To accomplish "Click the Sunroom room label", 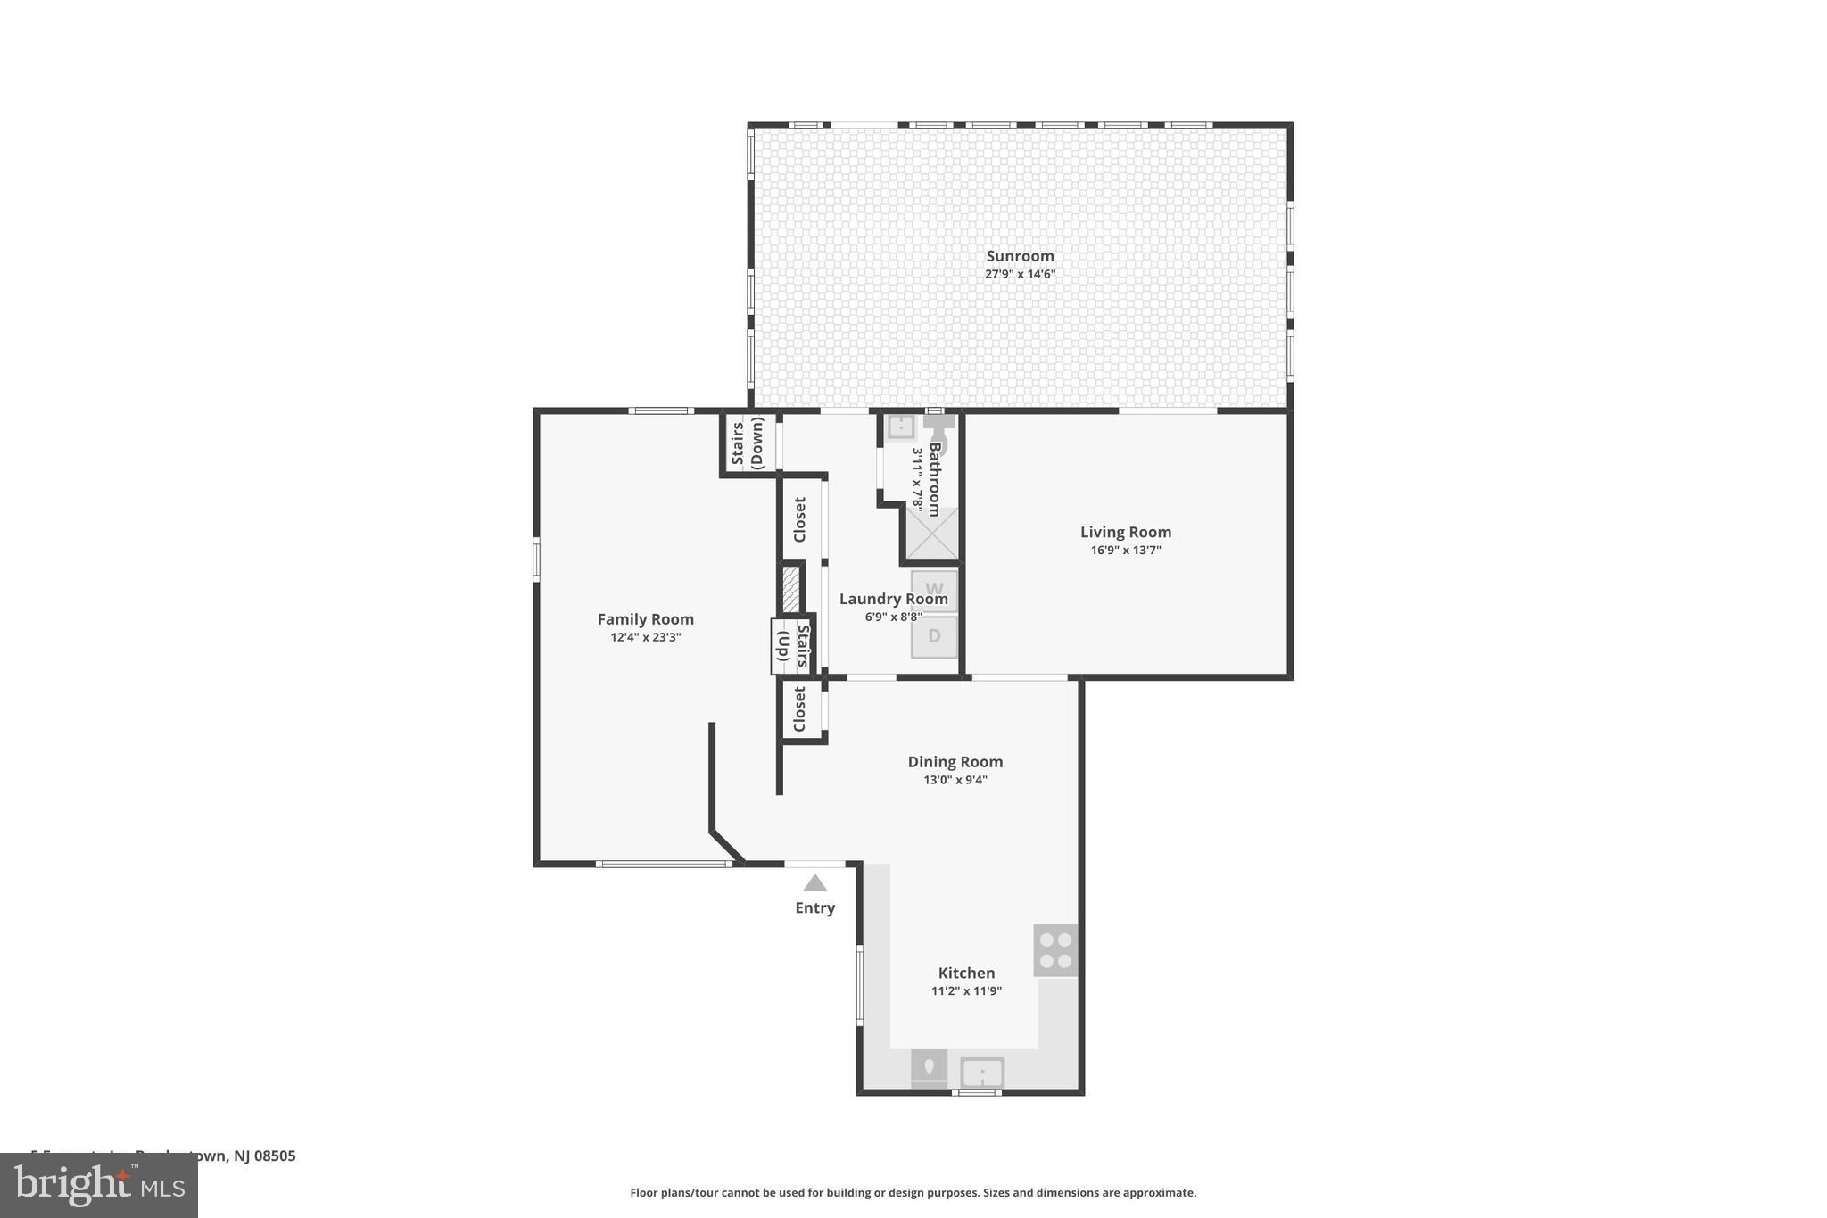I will [x=1020, y=256].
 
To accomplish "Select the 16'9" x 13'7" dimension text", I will [x=1126, y=551].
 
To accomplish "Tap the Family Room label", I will [x=645, y=619].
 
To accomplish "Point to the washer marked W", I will [x=934, y=590].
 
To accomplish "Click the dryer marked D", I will [x=934, y=637].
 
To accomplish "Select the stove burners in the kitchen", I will [x=1055, y=950].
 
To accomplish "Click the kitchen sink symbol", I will [x=982, y=1073].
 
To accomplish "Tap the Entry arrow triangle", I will [x=814, y=884].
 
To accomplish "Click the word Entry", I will [x=814, y=908].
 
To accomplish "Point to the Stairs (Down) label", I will [x=748, y=443].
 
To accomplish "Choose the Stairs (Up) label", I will [x=792, y=646].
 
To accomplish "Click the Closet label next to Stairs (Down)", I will [x=800, y=520].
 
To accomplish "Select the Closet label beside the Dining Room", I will [x=800, y=709].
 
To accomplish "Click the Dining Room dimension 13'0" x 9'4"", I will [x=955, y=780].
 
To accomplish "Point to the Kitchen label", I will [x=966, y=974].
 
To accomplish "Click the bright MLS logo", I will [x=99, y=1186].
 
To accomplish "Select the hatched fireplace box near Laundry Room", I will [x=790, y=589].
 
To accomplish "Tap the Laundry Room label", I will [x=893, y=600].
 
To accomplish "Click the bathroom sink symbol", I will [x=900, y=427].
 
